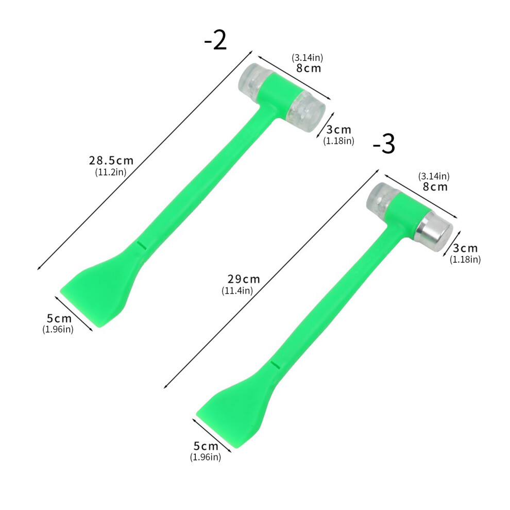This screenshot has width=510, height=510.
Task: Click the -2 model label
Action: [215, 41]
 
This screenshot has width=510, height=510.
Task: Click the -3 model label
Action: [384, 144]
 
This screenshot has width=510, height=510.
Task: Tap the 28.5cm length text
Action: [111, 160]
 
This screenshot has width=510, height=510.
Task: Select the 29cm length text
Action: [244, 279]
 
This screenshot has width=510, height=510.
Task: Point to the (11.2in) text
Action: [111, 172]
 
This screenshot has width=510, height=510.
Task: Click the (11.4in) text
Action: [237, 291]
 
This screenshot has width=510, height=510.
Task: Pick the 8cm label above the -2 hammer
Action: [309, 68]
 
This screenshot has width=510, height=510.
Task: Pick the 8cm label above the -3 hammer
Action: [435, 186]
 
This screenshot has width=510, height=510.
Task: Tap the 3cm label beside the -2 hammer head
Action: [338, 129]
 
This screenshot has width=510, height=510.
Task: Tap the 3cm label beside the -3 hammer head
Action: [465, 248]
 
